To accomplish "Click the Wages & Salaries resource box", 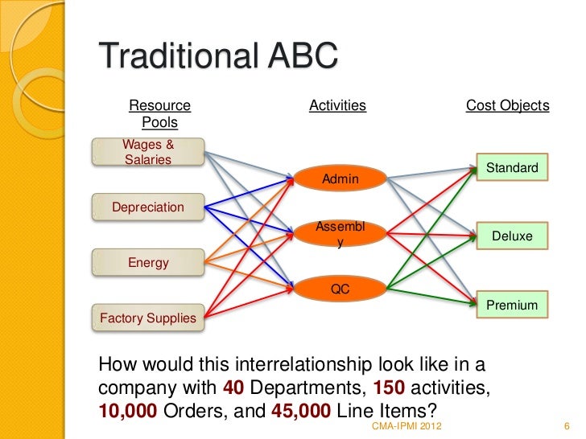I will pyautogui.click(x=148, y=152).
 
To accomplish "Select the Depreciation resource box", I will pyautogui.click(x=148, y=207).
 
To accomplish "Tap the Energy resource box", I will pyautogui.click(x=148, y=262).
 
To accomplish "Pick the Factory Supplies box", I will pyautogui.click(x=148, y=318).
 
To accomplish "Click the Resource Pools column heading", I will pyautogui.click(x=159, y=114).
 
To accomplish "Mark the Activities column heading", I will pyautogui.click(x=337, y=105).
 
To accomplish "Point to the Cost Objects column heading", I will pyautogui.click(x=507, y=105).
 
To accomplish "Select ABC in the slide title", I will pyautogui.click(x=301, y=58).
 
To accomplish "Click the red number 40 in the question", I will pyautogui.click(x=233, y=388).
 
